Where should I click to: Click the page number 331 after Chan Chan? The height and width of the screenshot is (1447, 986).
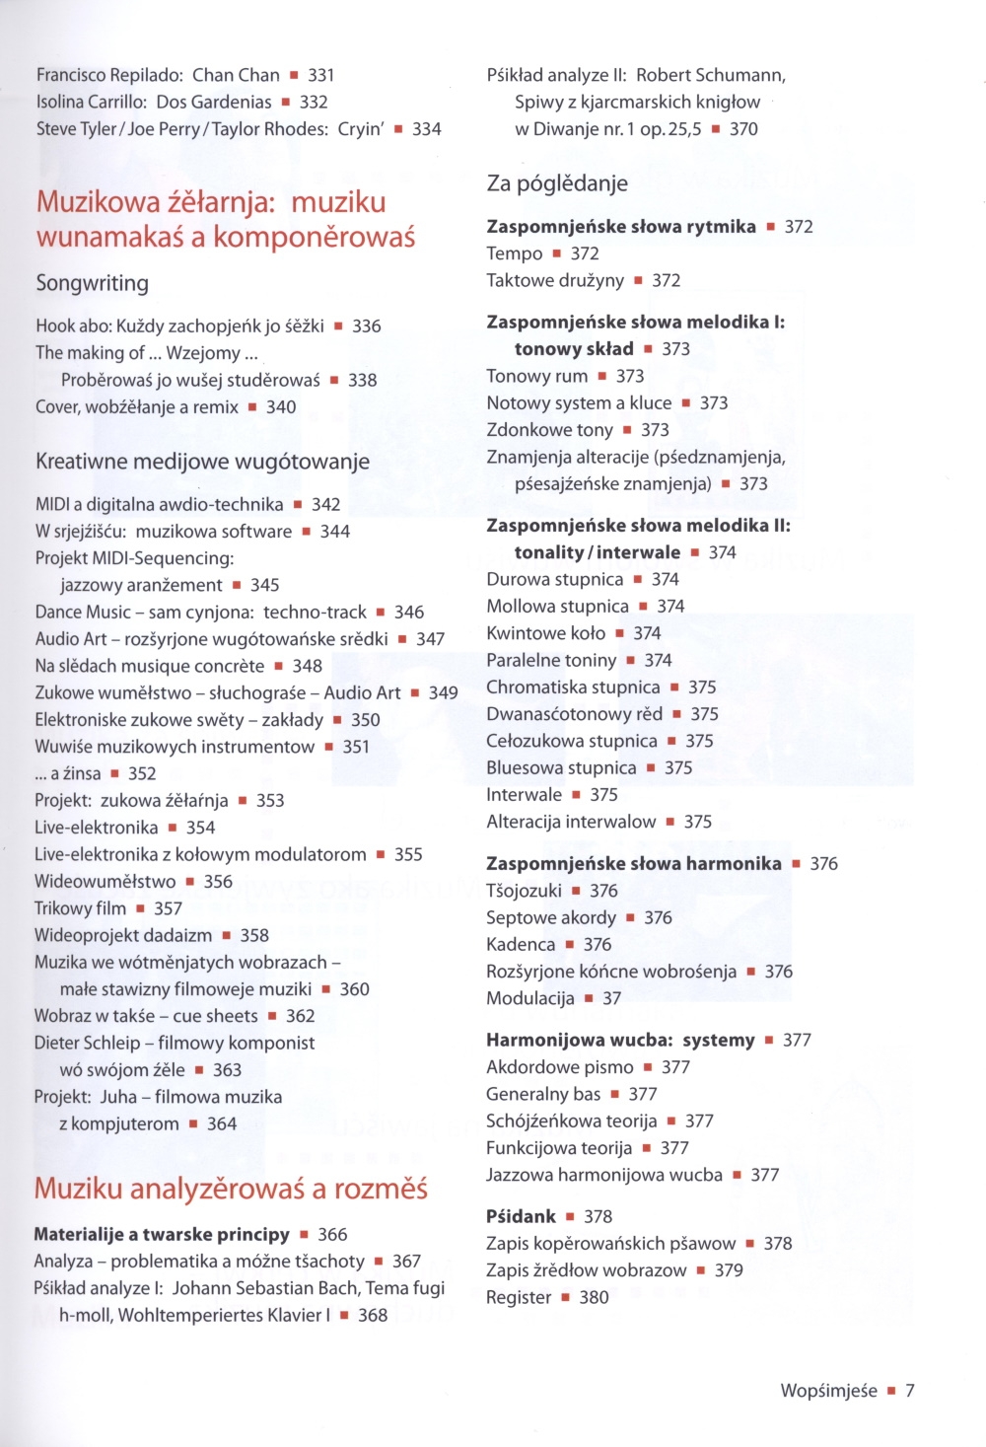point(321,75)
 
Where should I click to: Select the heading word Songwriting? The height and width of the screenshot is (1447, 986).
point(92,283)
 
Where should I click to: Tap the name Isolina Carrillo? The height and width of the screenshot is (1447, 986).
point(92,102)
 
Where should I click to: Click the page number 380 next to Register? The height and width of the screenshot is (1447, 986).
point(594,1297)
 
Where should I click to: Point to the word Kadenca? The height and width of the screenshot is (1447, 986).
point(521,944)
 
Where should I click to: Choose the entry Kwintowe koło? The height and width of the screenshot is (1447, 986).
point(545,633)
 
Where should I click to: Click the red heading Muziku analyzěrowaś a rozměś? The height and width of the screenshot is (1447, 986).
point(231,1189)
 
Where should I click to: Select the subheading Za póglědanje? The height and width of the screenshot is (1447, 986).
point(557,183)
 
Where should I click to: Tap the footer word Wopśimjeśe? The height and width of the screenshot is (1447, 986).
point(828,1391)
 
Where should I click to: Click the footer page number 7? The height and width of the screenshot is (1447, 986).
point(910,1391)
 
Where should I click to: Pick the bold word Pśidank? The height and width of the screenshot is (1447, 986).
point(521,1216)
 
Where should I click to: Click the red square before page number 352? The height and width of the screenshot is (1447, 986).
point(114,774)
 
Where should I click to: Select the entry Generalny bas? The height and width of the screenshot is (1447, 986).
point(543,1094)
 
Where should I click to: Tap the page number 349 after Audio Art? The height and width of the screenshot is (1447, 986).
point(443,692)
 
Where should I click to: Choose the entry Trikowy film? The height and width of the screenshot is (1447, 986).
point(80,908)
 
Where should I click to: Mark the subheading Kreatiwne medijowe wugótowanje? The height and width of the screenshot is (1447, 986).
point(202,462)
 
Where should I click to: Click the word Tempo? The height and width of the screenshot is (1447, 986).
point(514,253)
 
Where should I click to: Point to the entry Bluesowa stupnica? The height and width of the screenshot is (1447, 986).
point(561,767)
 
